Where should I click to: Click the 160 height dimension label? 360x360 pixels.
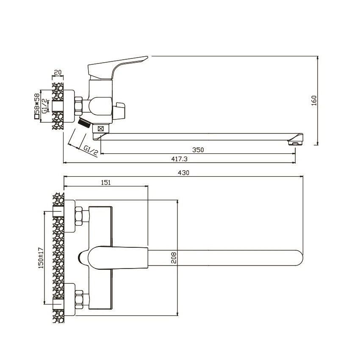314,100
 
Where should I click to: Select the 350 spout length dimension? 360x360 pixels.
198,150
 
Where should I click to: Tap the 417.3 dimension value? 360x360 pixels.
179,159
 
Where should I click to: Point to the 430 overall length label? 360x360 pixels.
183,173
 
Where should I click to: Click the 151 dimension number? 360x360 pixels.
106,183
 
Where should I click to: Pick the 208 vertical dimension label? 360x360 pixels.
174,258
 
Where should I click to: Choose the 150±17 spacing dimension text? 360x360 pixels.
41,258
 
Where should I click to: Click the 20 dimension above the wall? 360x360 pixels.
58,72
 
